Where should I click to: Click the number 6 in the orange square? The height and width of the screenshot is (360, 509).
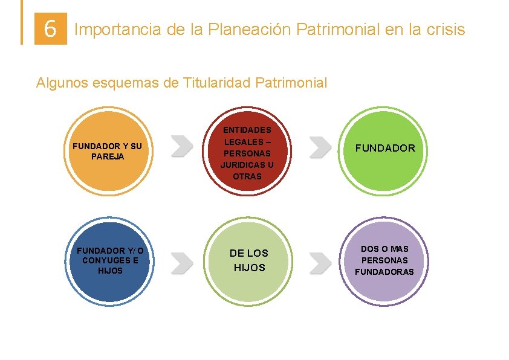coord(51,28)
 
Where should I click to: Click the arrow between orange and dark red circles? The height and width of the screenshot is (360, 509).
coord(181,146)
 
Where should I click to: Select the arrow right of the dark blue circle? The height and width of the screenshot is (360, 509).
coord(181,261)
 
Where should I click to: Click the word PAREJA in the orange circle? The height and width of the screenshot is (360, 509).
coord(107,156)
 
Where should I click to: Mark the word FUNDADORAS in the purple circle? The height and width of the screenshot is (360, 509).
coord(384,272)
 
